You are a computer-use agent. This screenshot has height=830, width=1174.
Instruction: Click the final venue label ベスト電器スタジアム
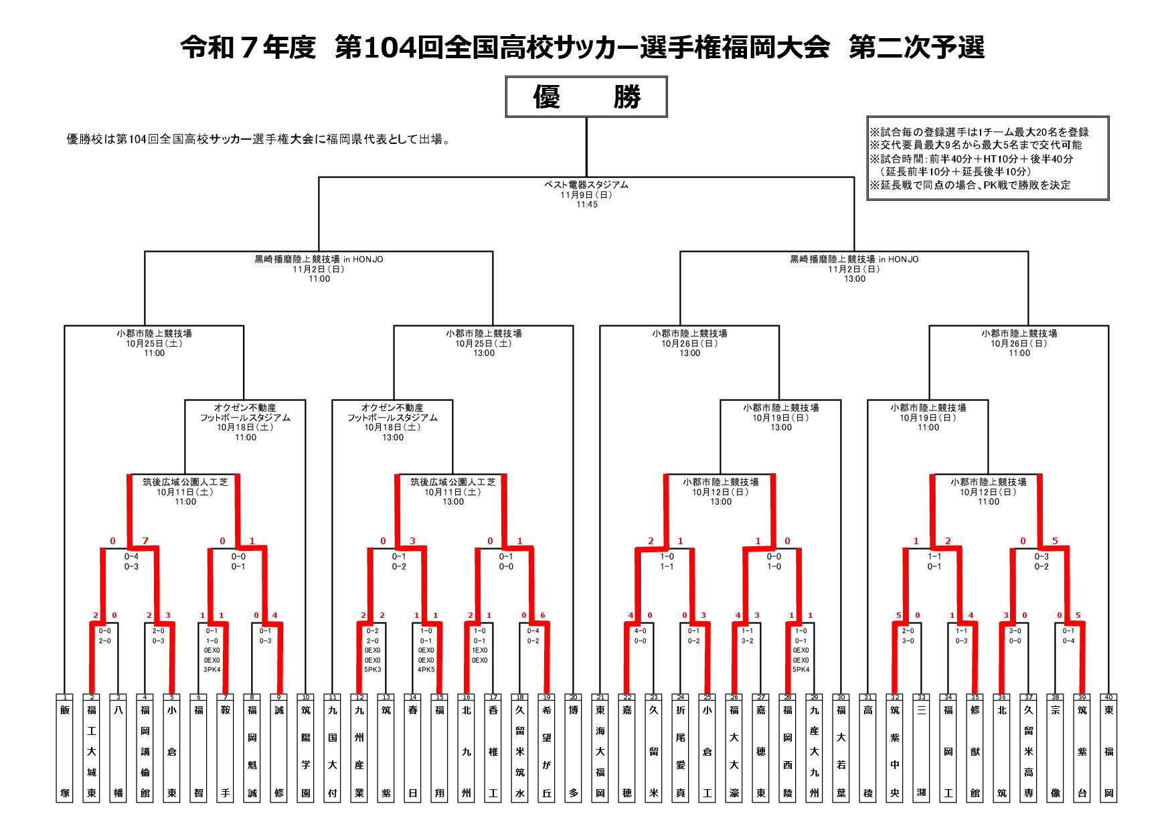click(586, 185)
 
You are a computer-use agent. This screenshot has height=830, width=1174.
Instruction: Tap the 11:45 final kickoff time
click(586, 205)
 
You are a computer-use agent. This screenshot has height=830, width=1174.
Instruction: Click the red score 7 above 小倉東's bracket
click(146, 541)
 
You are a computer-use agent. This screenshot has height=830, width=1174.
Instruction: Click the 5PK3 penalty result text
click(372, 669)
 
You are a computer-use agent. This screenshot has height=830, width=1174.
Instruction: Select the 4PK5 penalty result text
click(426, 669)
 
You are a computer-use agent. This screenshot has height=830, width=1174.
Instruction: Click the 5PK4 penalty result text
click(801, 669)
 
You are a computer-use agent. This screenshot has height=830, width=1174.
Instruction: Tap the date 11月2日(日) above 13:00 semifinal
click(854, 269)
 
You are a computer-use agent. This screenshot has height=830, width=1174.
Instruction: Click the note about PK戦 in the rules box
click(969, 185)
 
